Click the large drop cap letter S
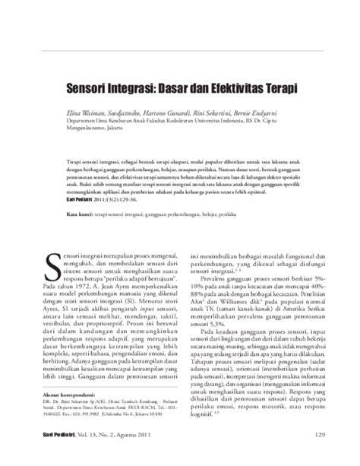(x=53, y=264)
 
